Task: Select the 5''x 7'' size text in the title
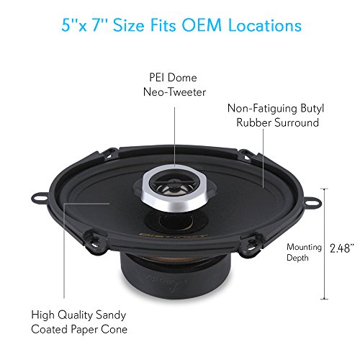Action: click(81, 26)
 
